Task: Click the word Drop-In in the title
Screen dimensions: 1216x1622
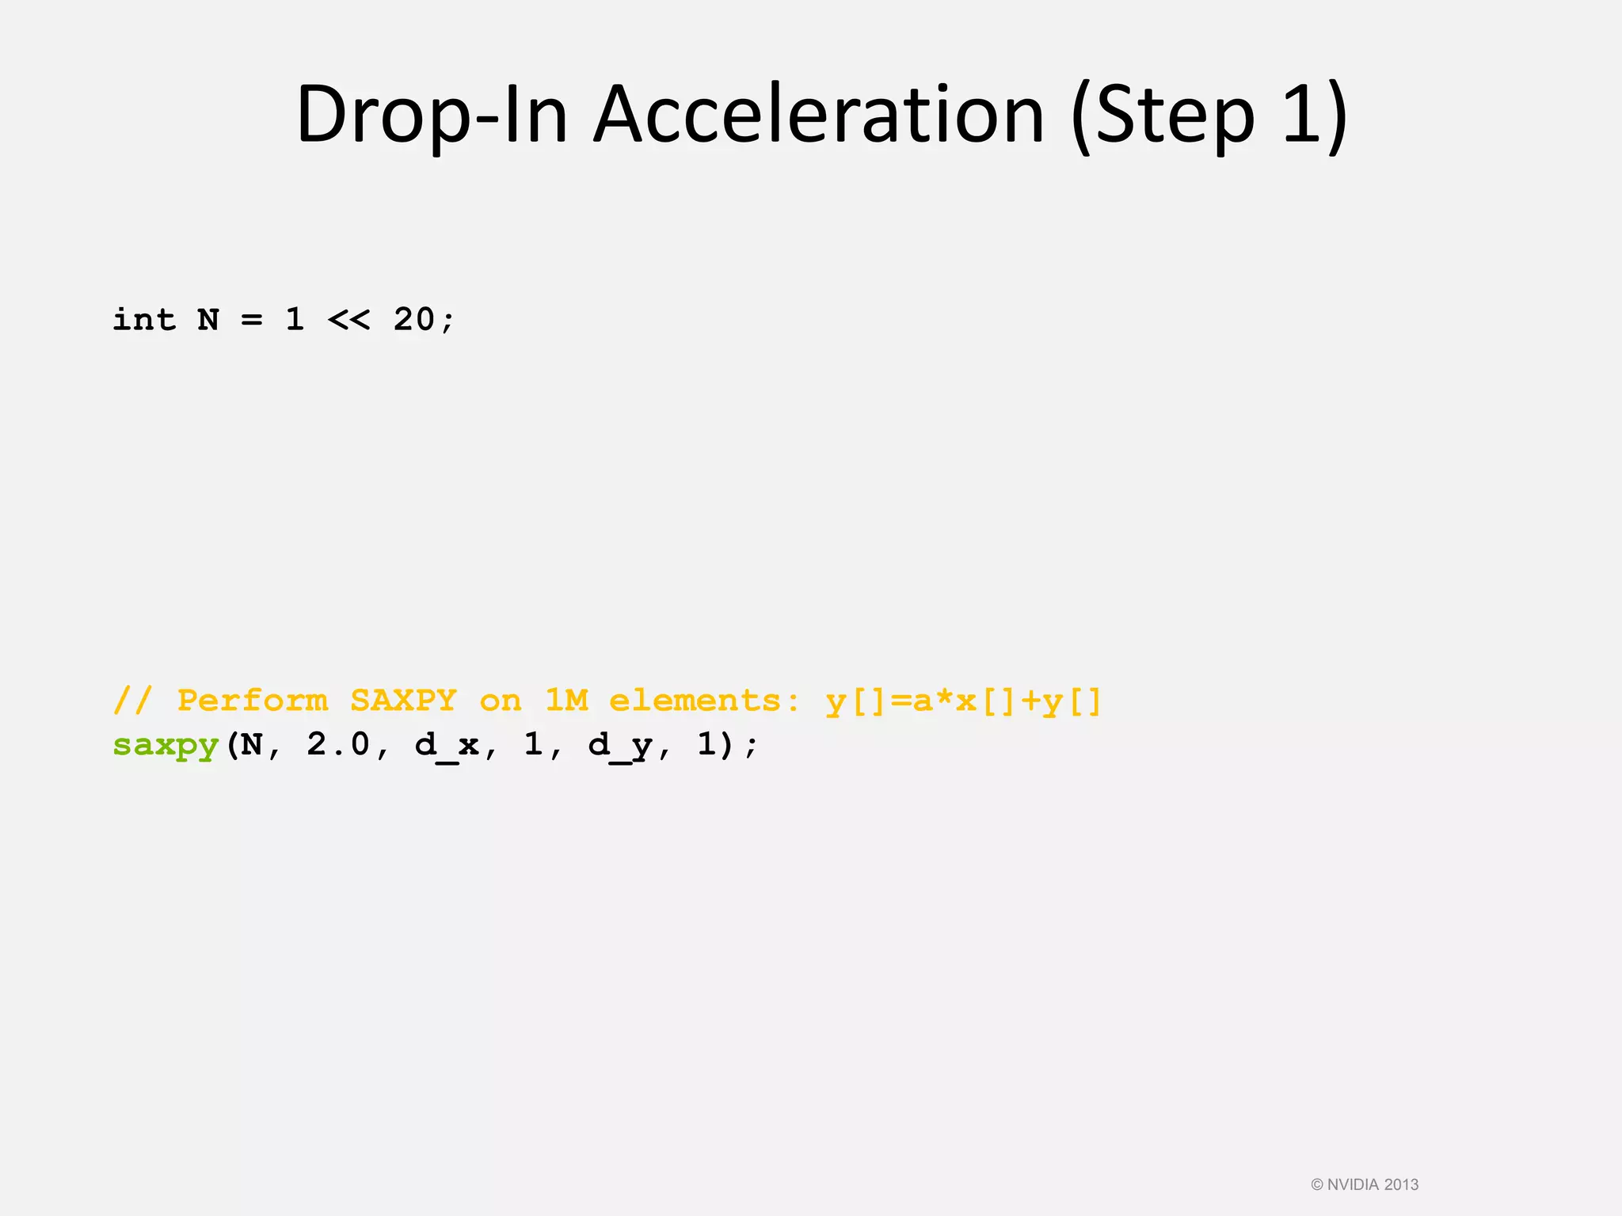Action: [432, 116]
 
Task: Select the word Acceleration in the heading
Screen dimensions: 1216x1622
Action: [819, 116]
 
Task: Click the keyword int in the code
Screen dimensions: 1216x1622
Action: [144, 320]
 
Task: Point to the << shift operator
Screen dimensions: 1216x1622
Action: [348, 320]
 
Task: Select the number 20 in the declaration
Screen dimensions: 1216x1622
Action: [414, 320]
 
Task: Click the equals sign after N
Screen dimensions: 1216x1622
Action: [252, 320]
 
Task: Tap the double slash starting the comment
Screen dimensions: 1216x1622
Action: [133, 701]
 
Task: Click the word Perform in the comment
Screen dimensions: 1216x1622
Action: [252, 701]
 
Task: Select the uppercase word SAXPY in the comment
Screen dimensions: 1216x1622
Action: [404, 701]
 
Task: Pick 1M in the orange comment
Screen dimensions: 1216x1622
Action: [567, 701]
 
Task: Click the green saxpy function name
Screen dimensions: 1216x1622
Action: [166, 746]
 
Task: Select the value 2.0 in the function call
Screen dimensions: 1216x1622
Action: [338, 744]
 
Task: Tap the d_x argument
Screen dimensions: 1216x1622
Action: [447, 746]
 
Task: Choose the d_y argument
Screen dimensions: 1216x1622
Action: [620, 746]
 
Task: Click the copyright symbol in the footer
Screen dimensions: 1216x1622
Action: [1317, 1185]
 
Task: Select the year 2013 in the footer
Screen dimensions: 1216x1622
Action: [1401, 1185]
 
